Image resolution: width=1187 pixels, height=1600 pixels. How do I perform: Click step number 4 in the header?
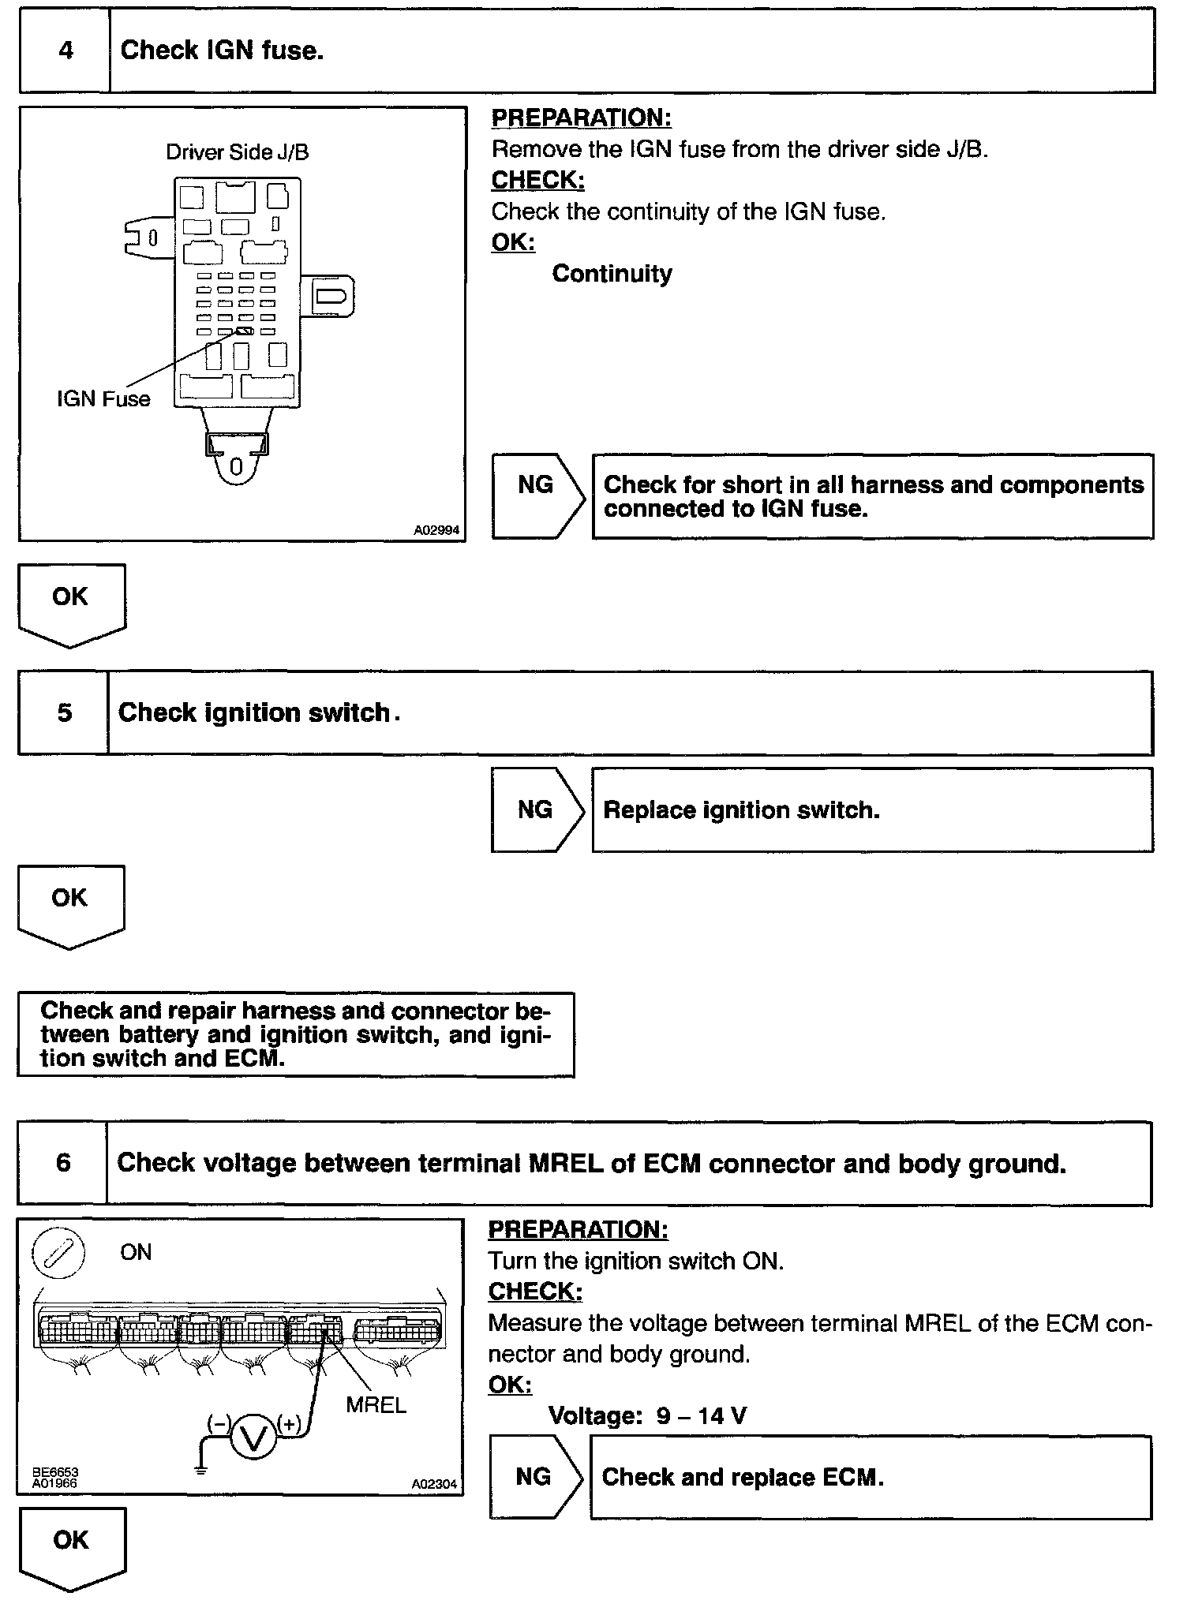click(x=66, y=51)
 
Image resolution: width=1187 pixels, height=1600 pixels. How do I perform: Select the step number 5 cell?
click(x=64, y=713)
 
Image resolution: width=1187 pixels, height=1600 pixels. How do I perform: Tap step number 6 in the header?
click(x=63, y=1163)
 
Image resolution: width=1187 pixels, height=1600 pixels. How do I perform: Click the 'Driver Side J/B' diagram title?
click(x=237, y=151)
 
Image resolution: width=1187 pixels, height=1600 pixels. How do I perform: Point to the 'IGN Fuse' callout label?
click(x=103, y=399)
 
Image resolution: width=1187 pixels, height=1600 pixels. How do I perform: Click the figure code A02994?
click(x=436, y=530)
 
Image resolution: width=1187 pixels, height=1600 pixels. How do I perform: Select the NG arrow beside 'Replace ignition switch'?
click(x=536, y=809)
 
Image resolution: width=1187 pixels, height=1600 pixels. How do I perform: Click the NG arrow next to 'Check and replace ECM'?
click(x=534, y=1477)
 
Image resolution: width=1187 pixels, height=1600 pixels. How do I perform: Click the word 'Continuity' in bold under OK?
click(x=612, y=274)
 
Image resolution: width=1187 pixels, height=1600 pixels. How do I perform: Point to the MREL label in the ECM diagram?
click(x=376, y=1405)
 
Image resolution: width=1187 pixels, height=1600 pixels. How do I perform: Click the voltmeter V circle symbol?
click(x=253, y=1440)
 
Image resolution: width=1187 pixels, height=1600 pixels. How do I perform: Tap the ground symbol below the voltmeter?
click(x=200, y=1469)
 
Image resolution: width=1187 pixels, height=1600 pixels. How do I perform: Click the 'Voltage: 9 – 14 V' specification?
click(x=647, y=1416)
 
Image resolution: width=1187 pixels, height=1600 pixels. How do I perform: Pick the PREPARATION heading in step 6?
click(x=578, y=1229)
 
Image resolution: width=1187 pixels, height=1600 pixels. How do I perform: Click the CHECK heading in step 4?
click(x=537, y=180)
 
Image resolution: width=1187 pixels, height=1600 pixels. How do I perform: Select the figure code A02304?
click(x=434, y=1484)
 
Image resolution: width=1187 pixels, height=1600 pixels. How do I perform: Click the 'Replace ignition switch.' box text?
click(x=741, y=810)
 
